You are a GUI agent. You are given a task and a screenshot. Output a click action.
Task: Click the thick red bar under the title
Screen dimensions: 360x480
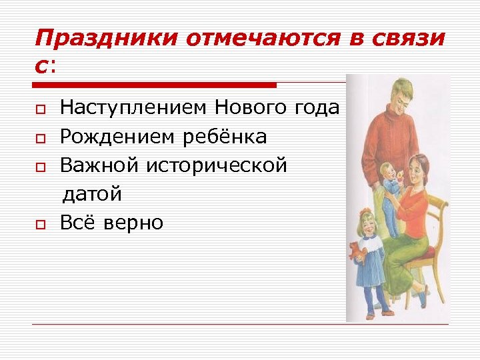(155, 85)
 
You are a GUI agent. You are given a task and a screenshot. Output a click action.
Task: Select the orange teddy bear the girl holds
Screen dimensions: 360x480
(355, 252)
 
